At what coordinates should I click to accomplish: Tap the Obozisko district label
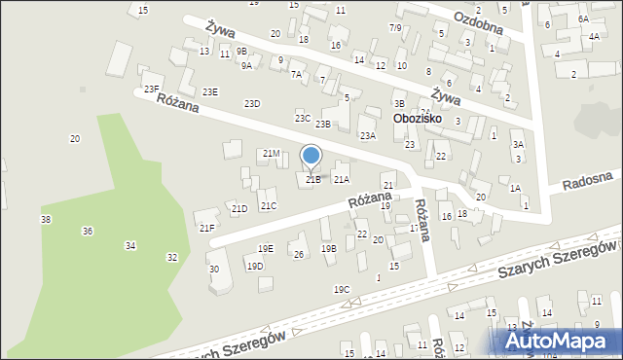pyautogui.click(x=418, y=119)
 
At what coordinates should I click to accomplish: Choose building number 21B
pyautogui.click(x=312, y=180)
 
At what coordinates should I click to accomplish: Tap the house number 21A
pyautogui.click(x=342, y=179)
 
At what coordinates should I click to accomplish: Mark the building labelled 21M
pyautogui.click(x=272, y=154)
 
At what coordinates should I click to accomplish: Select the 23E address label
pyautogui.click(x=210, y=91)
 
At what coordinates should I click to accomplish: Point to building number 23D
pyautogui.click(x=252, y=103)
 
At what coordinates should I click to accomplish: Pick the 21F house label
pyautogui.click(x=206, y=228)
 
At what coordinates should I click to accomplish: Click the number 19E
pyautogui.click(x=266, y=249)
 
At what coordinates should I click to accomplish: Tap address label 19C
pyautogui.click(x=342, y=289)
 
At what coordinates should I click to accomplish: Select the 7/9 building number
pyautogui.click(x=395, y=27)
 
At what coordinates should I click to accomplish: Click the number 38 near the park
pyautogui.click(x=46, y=220)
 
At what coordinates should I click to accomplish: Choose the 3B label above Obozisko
pyautogui.click(x=399, y=103)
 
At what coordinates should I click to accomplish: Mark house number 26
pyautogui.click(x=299, y=255)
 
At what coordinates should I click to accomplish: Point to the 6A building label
pyautogui.click(x=583, y=18)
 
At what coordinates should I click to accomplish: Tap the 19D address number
pyautogui.click(x=255, y=266)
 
